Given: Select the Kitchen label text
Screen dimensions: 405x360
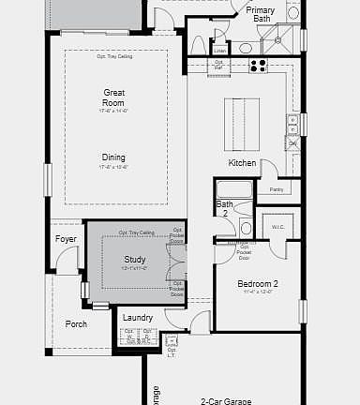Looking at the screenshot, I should pyautogui.click(x=242, y=163).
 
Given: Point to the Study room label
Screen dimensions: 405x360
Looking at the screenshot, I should pyautogui.click(x=135, y=260).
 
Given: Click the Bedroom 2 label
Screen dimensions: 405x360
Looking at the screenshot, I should pyautogui.click(x=257, y=283).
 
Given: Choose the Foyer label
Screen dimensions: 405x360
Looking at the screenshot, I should pyautogui.click(x=66, y=239).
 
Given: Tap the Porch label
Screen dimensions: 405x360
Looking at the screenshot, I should pyautogui.click(x=76, y=324).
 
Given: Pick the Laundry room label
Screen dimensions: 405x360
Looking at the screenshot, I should pyautogui.click(x=137, y=318).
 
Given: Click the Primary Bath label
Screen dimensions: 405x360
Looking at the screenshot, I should pyautogui.click(x=260, y=14).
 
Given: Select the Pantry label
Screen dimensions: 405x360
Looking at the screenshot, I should pyautogui.click(x=276, y=189).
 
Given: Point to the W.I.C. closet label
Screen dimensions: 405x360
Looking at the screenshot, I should pyautogui.click(x=277, y=226).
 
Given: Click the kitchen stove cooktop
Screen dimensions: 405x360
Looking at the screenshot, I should pyautogui.click(x=257, y=66).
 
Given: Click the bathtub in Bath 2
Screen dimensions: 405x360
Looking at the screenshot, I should pyautogui.click(x=234, y=189).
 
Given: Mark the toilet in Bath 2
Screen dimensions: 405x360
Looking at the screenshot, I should pyautogui.click(x=246, y=227).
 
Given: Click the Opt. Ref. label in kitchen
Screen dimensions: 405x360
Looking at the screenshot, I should pyautogui.click(x=218, y=66).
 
